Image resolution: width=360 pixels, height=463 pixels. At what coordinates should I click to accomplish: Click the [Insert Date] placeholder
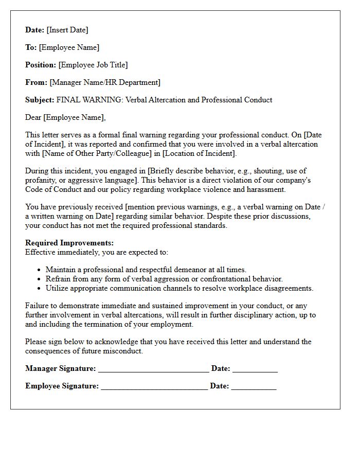67,30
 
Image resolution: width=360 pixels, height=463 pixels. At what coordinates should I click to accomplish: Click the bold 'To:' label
31,47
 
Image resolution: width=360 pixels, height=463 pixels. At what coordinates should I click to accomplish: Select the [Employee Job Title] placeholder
93,65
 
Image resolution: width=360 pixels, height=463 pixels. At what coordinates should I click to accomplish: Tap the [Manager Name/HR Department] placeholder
105,82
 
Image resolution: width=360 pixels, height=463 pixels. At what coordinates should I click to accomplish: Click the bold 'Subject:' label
40,100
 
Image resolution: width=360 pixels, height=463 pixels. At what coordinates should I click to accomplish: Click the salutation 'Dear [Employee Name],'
65,117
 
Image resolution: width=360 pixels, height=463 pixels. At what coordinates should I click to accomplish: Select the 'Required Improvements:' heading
69,243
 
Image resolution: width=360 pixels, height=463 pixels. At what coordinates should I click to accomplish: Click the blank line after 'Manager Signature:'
153,369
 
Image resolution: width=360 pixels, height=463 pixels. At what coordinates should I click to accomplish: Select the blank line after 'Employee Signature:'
154,387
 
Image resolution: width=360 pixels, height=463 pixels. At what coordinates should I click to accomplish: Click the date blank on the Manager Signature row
255,369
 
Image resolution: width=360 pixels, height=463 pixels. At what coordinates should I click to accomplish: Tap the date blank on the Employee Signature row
254,387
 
